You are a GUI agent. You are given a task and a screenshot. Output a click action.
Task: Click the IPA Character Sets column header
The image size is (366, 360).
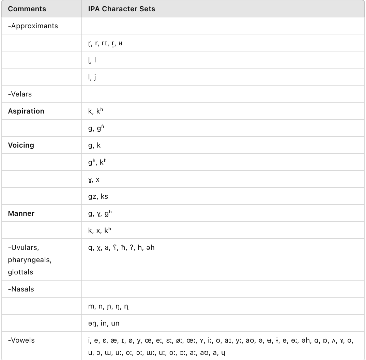pyautogui.click(x=121, y=9)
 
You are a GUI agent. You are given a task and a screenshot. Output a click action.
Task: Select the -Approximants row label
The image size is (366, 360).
pyautogui.click(x=33, y=26)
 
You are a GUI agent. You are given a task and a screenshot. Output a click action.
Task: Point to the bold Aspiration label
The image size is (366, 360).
pyautogui.click(x=26, y=111)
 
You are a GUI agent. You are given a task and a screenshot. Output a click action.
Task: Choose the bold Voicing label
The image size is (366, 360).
pyautogui.click(x=21, y=145)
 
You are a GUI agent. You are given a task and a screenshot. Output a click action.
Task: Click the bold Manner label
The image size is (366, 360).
pyautogui.click(x=21, y=213)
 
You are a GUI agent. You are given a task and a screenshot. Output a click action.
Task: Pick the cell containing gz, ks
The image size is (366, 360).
pyautogui.click(x=98, y=196)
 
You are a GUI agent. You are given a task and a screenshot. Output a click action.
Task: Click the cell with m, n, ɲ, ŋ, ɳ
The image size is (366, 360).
pyautogui.click(x=108, y=306)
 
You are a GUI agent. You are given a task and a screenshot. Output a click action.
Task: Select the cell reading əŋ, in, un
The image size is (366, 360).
pyautogui.click(x=104, y=323)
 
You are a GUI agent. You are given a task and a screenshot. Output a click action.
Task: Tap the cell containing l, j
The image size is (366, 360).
pyautogui.click(x=92, y=77)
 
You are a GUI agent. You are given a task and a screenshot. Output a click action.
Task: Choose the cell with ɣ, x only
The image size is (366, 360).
pyautogui.click(x=94, y=179)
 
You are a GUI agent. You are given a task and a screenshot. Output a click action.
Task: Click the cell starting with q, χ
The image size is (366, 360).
pyautogui.click(x=121, y=248)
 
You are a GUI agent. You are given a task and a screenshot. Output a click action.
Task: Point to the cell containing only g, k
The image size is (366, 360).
pyautogui.click(x=94, y=145)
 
